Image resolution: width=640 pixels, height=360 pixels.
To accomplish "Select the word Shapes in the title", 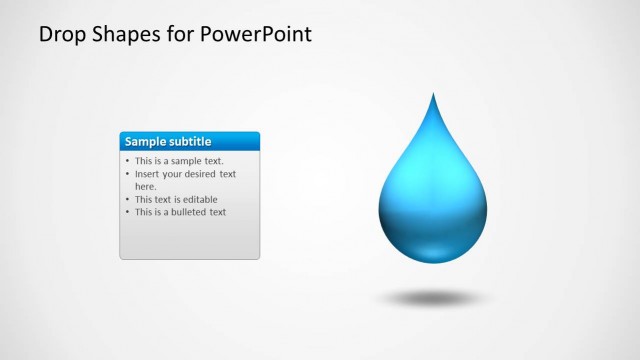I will [x=126, y=35].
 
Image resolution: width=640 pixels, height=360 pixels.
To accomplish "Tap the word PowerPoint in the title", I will [x=256, y=35].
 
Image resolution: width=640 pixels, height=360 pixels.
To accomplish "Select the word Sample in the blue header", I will [x=145, y=142].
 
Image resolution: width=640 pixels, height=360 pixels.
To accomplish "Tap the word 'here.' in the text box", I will [x=146, y=186].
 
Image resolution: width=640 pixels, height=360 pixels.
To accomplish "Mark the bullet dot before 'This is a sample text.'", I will [x=127, y=161].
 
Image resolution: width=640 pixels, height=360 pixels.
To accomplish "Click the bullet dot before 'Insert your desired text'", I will [x=127, y=174].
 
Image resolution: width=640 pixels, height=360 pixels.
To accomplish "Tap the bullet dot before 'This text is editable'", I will [x=127, y=199].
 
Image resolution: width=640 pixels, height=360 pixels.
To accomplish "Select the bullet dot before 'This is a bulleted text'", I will [x=127, y=212].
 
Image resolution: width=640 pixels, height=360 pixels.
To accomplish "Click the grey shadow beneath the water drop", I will [x=432, y=298].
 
